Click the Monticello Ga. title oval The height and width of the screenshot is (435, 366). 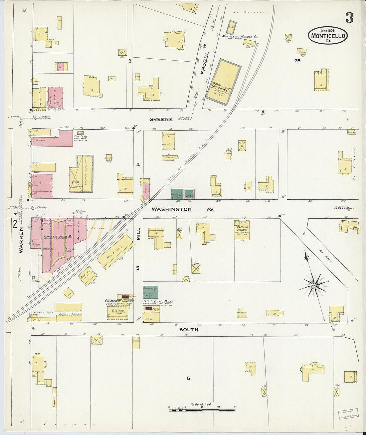tap(328, 35)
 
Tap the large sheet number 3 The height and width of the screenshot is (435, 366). tap(349, 18)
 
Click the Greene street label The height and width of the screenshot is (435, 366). tap(161, 119)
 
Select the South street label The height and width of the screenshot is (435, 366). tap(189, 329)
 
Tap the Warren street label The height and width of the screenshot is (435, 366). tap(21, 240)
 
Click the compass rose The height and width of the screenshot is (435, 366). tap(314, 285)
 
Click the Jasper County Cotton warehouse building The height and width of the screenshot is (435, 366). tap(223, 80)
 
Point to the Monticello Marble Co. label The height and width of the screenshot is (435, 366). tap(240, 36)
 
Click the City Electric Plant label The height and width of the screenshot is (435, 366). tap(158, 301)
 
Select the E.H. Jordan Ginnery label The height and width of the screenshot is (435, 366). tap(119, 301)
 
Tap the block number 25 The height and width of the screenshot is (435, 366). tap(297, 61)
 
